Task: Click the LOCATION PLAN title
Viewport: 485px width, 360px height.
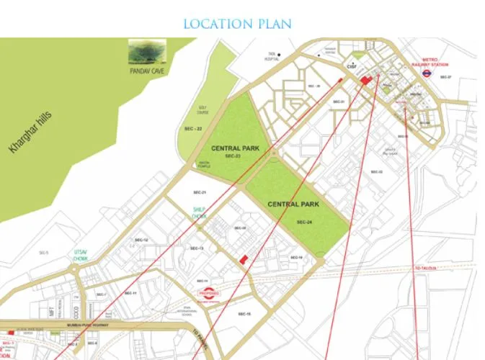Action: (x=237, y=24)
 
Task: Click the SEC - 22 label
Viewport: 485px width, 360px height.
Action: (x=193, y=128)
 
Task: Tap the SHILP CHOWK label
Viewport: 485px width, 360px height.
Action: (x=199, y=212)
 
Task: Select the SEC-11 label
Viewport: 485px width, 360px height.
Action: (x=131, y=293)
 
